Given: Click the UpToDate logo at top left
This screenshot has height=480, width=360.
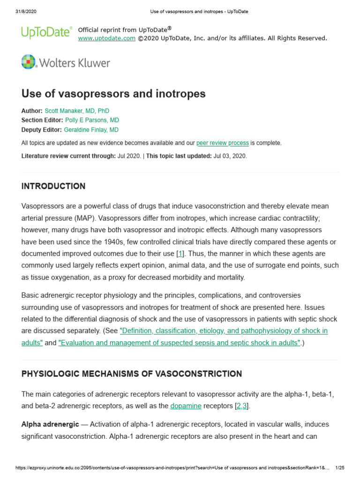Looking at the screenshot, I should pos(46,32).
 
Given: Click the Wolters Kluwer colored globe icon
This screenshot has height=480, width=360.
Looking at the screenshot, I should pos(29,62).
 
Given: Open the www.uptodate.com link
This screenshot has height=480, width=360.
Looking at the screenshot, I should pos(106,38).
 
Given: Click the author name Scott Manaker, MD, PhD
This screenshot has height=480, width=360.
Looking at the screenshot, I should pos(77,111).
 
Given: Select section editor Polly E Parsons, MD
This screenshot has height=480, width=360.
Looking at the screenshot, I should pos(92,120).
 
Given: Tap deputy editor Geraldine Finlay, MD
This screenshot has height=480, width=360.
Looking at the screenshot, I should pos(91,130).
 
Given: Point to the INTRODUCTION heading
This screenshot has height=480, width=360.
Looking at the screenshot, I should pos(53,187).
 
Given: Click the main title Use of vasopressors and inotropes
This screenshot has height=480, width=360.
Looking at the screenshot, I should pos(113,94).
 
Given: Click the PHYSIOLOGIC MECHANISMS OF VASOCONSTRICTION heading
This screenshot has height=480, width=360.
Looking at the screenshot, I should pos(132,374).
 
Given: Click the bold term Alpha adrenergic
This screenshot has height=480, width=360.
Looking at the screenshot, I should pos(50,424).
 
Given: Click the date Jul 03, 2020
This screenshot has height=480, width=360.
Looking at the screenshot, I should pos(230,156).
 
